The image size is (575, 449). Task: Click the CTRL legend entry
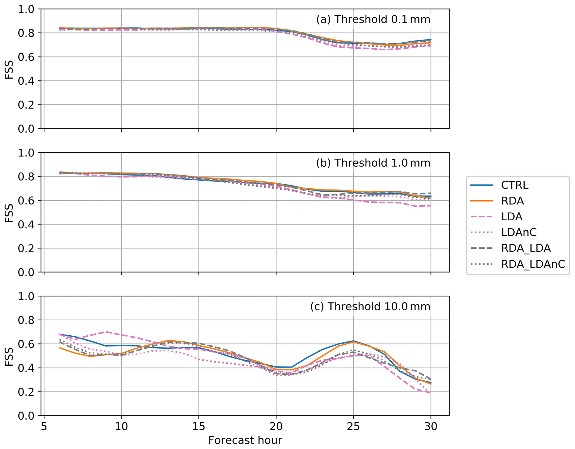click(514, 185)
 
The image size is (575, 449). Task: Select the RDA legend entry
click(512, 201)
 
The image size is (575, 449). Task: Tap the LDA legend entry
click(512, 217)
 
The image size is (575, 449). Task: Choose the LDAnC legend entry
click(519, 233)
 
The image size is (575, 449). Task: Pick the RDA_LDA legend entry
click(526, 248)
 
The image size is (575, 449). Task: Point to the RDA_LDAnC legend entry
click(533, 264)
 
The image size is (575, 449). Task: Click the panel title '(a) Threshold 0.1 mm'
click(373, 19)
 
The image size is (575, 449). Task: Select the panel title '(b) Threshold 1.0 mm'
click(373, 163)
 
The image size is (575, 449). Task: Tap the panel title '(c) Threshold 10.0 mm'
click(370, 306)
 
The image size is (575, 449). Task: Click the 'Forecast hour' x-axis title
click(245, 440)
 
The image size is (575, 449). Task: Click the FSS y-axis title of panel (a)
click(9, 69)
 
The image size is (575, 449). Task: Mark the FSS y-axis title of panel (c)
click(9, 356)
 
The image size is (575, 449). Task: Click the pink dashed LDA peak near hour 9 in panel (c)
click(106, 332)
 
